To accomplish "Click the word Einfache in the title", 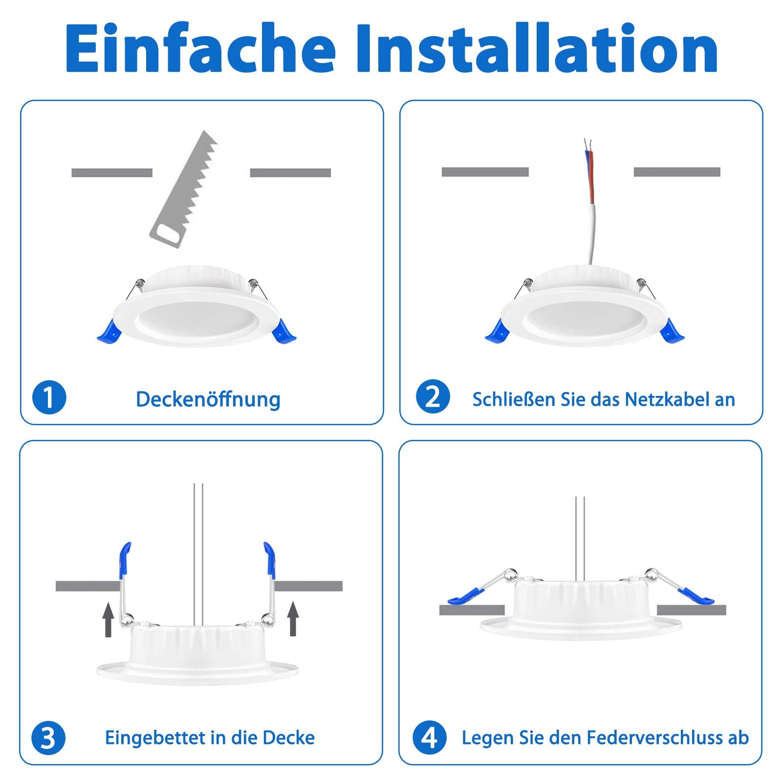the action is (201, 48).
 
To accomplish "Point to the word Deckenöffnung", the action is (208, 399).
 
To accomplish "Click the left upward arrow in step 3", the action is (109, 619).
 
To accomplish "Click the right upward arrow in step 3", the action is (293, 618).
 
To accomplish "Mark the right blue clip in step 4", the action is (695, 596).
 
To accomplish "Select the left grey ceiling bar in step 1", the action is (112, 173).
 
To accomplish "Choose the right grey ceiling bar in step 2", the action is (677, 172).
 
